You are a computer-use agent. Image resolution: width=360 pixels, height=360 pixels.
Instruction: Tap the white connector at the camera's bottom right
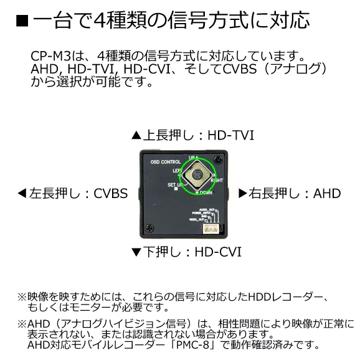pyautogui.click(x=212, y=229)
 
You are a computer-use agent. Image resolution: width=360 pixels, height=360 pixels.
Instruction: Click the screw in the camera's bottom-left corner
pyautogui.click(x=147, y=228)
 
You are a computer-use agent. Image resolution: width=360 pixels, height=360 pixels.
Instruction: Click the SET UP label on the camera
pyautogui.click(x=174, y=186)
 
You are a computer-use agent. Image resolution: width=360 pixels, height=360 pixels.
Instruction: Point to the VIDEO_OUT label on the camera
pyautogui.click(x=197, y=220)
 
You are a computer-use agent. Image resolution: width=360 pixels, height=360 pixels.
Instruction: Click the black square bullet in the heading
pyautogui.click(x=21, y=21)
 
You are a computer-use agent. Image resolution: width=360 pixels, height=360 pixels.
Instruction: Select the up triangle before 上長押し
pyautogui.click(x=136, y=135)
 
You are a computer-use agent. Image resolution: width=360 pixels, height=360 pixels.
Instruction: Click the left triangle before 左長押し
pyautogui.click(x=22, y=194)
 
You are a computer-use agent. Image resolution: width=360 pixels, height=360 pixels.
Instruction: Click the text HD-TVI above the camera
pyautogui.click(x=230, y=135)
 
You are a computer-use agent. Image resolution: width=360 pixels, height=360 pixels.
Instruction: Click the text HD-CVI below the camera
pyautogui.click(x=217, y=252)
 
